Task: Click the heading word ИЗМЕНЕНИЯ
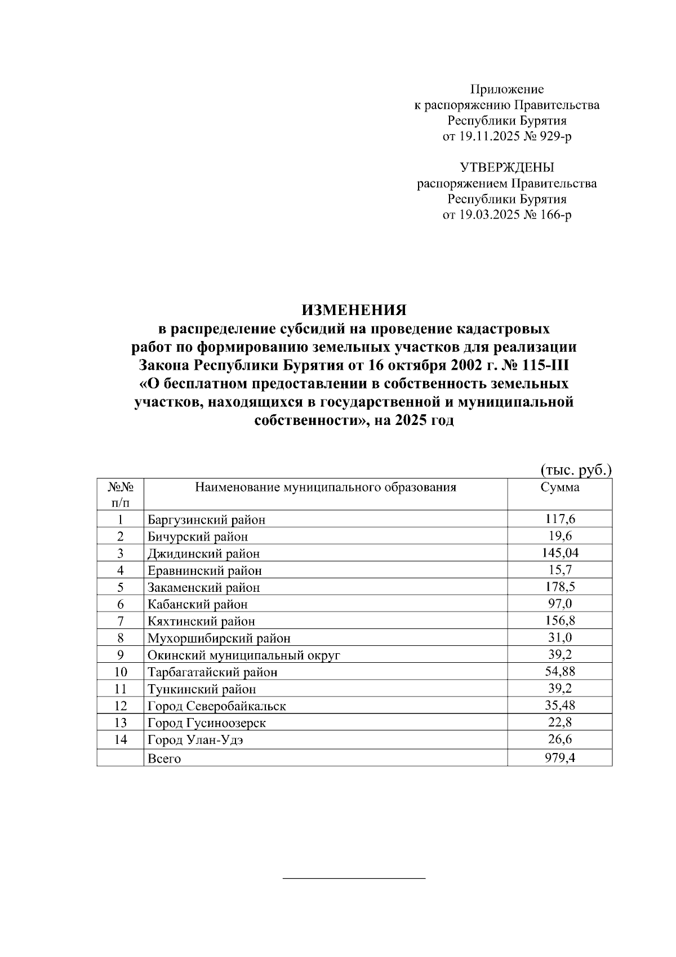[x=354, y=311]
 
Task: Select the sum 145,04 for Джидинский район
[x=559, y=553]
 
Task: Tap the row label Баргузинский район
[x=206, y=520]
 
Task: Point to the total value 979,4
[x=559, y=758]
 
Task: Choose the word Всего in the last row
[x=164, y=759]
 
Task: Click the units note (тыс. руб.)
[x=576, y=471]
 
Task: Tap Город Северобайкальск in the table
[x=217, y=706]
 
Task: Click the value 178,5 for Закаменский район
[x=559, y=587]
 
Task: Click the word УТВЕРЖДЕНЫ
[x=507, y=167]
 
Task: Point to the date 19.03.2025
[x=487, y=215]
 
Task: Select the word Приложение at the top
[x=507, y=89]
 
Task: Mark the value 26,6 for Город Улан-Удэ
[x=559, y=739]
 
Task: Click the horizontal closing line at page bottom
[x=353, y=878]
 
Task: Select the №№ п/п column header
[x=120, y=494]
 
